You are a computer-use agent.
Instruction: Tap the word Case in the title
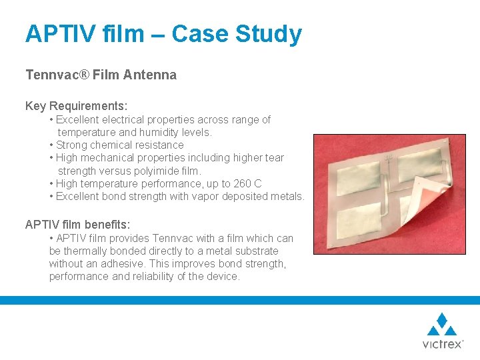tap(199, 34)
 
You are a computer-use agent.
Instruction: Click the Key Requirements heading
tap(77, 106)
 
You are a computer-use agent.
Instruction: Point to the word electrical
tap(127, 120)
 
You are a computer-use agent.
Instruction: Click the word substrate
tap(257, 251)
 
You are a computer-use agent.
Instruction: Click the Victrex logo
tap(442, 331)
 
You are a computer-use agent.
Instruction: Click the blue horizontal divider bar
tap(240, 301)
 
